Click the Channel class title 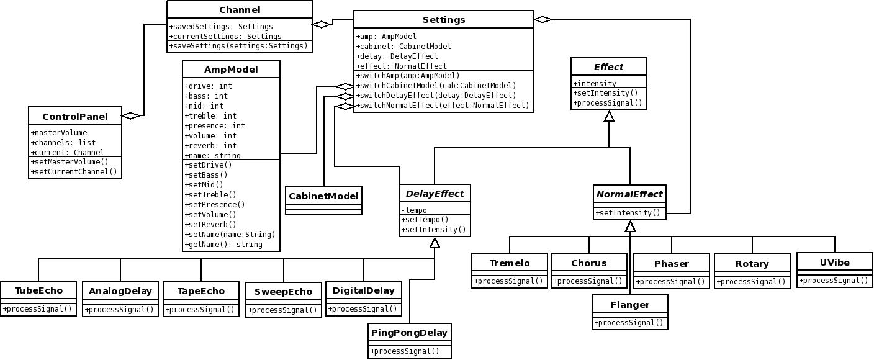point(240,10)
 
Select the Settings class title point(444,19)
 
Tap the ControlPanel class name point(75,117)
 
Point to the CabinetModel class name point(323,196)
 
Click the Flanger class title point(630,305)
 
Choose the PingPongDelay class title point(409,333)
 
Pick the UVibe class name point(835,263)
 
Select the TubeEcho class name point(38,290)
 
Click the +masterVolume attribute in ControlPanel point(59,133)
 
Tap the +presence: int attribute point(215,125)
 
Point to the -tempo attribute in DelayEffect point(414,210)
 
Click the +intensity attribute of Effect point(595,83)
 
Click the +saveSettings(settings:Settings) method point(238,46)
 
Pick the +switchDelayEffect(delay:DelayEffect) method point(436,96)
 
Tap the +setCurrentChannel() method point(74,172)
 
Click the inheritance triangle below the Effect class point(609,116)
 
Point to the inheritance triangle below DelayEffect point(435,243)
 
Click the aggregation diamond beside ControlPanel point(131,115)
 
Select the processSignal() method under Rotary point(752,282)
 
